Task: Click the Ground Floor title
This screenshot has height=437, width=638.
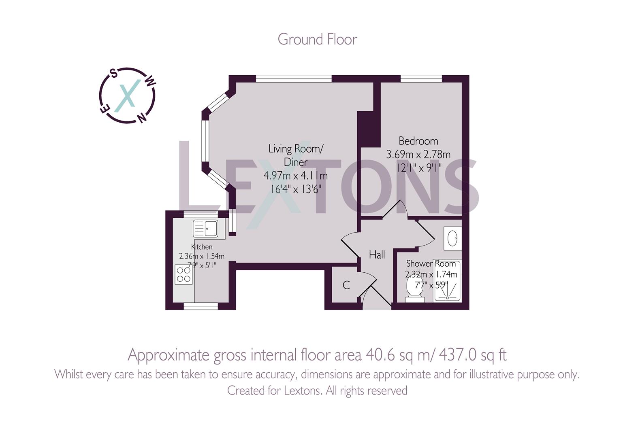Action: click(x=317, y=40)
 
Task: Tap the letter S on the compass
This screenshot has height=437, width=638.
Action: click(x=114, y=74)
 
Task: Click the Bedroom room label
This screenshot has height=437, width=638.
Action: click(x=418, y=141)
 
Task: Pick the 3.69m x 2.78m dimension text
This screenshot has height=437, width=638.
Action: click(x=418, y=155)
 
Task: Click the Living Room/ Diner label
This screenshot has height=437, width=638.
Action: click(x=296, y=155)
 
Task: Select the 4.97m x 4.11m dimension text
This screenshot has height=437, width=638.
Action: click(x=296, y=176)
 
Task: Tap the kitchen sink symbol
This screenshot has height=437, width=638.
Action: click(x=205, y=229)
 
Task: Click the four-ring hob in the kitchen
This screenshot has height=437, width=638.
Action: click(x=184, y=274)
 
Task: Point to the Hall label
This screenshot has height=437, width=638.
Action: click(x=377, y=255)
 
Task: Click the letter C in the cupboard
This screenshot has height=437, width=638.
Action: click(x=346, y=286)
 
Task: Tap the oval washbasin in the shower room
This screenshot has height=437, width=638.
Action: click(x=452, y=238)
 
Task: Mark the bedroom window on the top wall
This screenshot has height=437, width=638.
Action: click(x=421, y=79)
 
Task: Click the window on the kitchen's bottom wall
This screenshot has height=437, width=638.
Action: click(x=201, y=306)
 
